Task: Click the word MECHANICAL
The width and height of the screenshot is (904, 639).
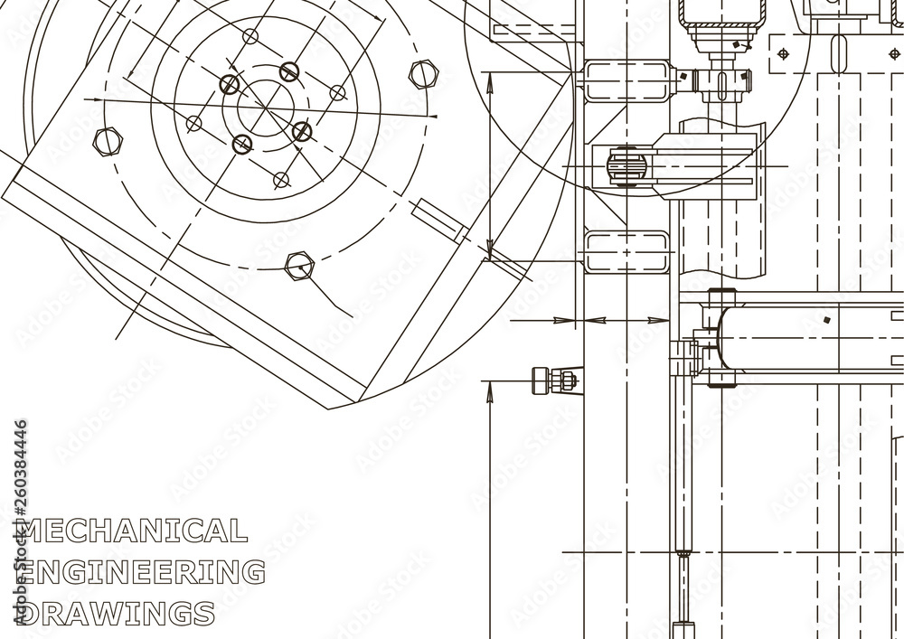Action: click(134, 531)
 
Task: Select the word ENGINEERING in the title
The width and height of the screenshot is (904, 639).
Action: click(142, 572)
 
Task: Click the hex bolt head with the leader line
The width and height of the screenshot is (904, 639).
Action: click(298, 265)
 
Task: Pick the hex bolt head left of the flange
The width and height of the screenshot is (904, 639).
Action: click(108, 140)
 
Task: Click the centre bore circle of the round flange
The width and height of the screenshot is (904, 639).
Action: click(266, 108)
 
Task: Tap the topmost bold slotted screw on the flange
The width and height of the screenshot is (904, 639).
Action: click(288, 71)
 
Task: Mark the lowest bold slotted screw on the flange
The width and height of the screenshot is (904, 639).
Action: click(242, 144)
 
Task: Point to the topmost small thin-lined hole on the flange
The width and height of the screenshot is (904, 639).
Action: click(250, 37)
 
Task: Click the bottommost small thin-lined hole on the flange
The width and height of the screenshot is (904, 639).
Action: click(281, 180)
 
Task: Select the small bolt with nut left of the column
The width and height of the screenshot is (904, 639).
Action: click(553, 379)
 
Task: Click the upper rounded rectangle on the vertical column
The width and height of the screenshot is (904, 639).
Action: click(627, 78)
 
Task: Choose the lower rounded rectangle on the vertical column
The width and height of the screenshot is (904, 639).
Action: click(627, 251)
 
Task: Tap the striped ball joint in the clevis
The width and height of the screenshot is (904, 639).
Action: click(626, 166)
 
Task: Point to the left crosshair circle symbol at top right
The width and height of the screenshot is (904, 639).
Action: click(783, 52)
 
